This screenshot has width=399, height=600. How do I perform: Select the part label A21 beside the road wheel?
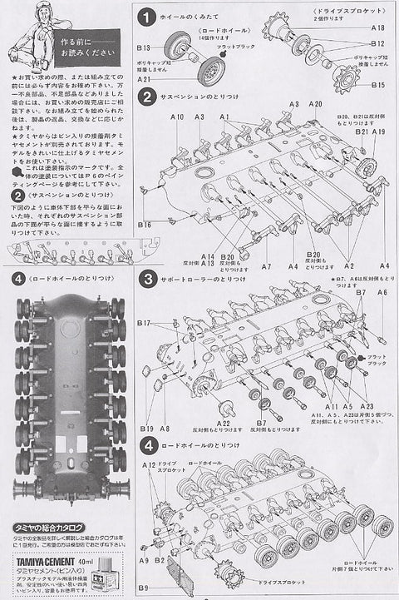pos(145,78)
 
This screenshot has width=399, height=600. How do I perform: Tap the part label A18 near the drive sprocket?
pos(378,27)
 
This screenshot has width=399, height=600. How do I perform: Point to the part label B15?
pos(378,84)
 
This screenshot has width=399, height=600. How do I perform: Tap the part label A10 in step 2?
pos(178,118)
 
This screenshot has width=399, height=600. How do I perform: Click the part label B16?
pos(145,225)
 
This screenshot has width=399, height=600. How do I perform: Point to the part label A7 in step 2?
pos(266,266)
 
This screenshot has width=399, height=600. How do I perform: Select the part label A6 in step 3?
pos(382,293)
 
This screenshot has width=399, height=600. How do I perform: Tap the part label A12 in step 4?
pos(147,464)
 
